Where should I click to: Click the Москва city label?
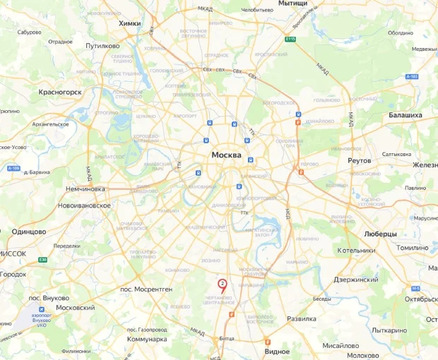tap(233, 156)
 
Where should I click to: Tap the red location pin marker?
tap(222, 285)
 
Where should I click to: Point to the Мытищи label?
tap(293, 4)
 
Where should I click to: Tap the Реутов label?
tap(359, 160)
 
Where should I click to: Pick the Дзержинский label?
tap(353, 280)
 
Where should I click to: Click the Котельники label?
tap(356, 250)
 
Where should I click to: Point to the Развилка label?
tap(301, 318)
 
